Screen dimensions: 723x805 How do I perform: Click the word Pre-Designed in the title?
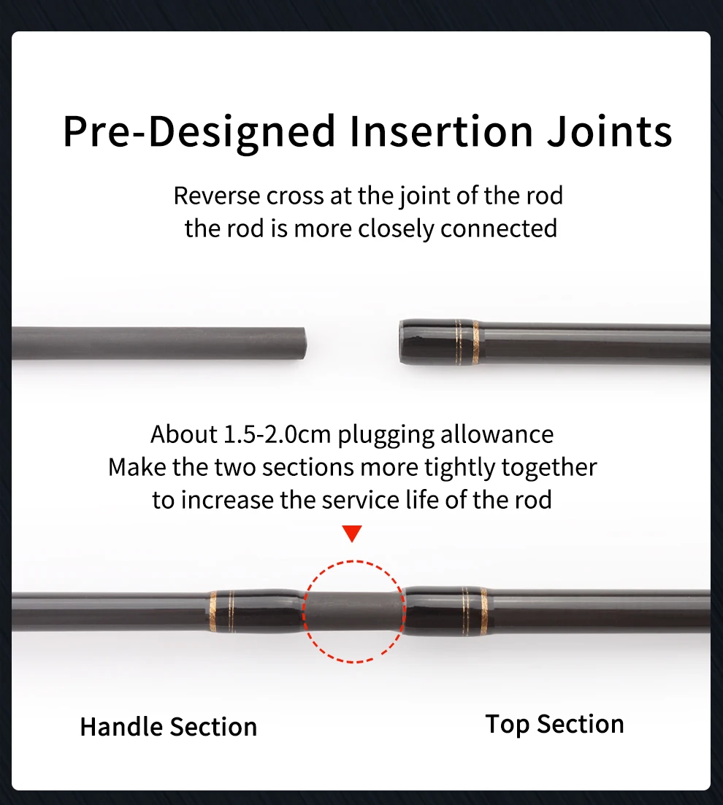tap(199, 132)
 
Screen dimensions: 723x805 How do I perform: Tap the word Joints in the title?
tap(609, 132)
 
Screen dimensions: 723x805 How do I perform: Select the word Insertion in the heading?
tap(441, 132)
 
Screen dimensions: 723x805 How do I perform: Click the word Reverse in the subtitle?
tap(216, 196)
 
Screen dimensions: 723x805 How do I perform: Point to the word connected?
tap(499, 228)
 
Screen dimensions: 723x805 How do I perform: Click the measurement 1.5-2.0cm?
tap(277, 434)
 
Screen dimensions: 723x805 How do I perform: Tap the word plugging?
tap(386, 436)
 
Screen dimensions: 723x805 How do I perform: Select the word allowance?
tap(497, 434)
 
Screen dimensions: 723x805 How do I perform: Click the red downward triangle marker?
tap(352, 534)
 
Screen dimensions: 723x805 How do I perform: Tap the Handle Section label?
tap(169, 727)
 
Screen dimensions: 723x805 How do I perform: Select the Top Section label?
tap(554, 725)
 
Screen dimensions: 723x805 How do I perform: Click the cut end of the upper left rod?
tap(303, 344)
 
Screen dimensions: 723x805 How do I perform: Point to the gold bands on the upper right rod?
tap(467, 342)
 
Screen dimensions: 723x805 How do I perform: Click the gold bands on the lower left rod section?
tap(221, 611)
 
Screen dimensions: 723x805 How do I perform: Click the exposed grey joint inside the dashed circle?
tap(353, 611)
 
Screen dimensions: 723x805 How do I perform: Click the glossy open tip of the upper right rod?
tap(404, 342)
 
